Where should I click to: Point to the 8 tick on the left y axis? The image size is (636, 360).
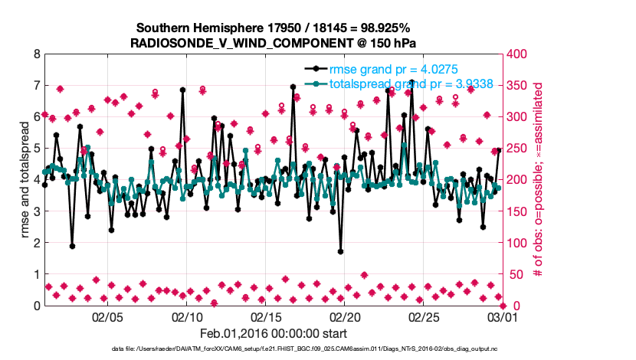36,54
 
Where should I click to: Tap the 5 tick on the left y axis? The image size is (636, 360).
36,149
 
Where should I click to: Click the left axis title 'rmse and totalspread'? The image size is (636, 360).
23,180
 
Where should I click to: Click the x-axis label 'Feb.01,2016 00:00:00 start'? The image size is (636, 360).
273,333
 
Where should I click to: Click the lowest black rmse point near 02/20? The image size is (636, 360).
340,251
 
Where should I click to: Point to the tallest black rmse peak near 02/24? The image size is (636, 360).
411,81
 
